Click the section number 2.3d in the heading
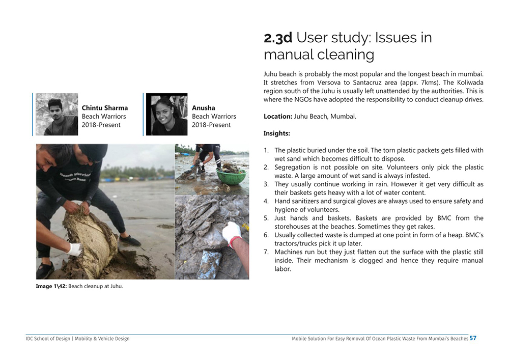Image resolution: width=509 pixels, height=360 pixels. [x=278, y=38]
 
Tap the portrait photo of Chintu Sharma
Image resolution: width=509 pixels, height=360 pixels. [x=56, y=114]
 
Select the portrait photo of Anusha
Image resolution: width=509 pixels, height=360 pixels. [x=166, y=114]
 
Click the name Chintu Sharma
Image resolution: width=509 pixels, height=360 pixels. [x=105, y=108]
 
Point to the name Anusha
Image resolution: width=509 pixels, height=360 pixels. [x=204, y=108]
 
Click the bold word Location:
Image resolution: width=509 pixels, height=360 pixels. [x=278, y=117]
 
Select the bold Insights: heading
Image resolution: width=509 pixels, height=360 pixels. [x=277, y=133]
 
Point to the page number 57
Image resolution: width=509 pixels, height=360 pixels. [x=473, y=338]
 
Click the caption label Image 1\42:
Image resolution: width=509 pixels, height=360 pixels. [x=51, y=286]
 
